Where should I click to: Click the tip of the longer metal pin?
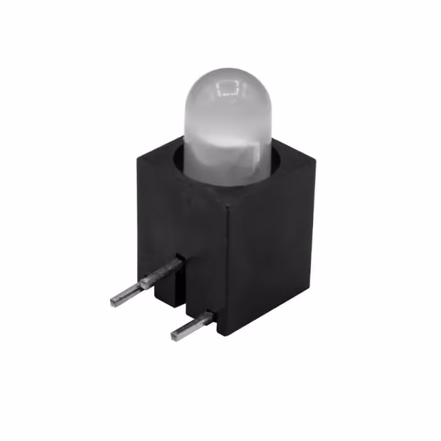tap(114, 301)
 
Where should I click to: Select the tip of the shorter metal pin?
tap(175, 335)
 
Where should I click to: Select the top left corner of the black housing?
tap(138, 157)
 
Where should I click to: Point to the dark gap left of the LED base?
tap(178, 163)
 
